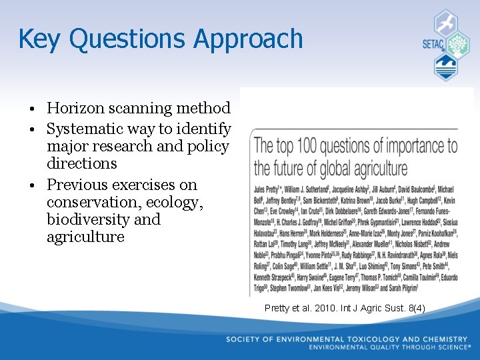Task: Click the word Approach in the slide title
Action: (248, 39)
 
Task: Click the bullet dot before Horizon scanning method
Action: (23, 109)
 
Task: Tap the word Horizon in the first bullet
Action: (75, 108)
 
